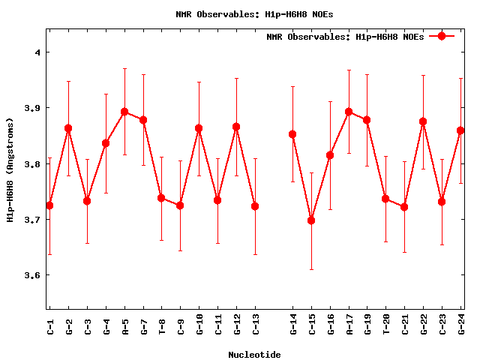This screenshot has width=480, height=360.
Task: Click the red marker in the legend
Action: tap(442, 36)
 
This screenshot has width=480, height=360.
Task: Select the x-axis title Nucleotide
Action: tap(255, 355)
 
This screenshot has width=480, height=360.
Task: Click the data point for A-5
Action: tap(124, 112)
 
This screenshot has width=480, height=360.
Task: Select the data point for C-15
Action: tap(311, 220)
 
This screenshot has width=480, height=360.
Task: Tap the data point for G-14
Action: tap(292, 134)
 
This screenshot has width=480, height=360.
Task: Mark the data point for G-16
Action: tap(330, 155)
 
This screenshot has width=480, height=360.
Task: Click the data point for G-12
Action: tap(236, 127)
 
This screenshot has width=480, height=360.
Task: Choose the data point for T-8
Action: tap(161, 198)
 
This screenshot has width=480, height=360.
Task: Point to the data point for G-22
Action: tap(423, 121)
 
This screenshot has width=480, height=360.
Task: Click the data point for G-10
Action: tap(199, 128)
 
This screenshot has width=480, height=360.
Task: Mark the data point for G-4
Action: tap(106, 143)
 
